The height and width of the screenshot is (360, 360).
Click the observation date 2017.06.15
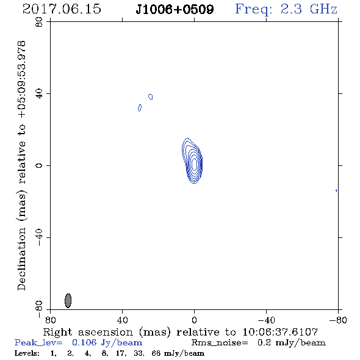(x=62, y=9)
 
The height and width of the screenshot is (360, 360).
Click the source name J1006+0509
(x=175, y=9)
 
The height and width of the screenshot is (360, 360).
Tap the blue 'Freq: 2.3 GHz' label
(x=286, y=10)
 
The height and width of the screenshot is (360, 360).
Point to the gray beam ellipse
(x=68, y=301)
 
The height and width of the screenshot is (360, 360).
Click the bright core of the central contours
(x=194, y=164)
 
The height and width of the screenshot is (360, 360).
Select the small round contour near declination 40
(x=151, y=96)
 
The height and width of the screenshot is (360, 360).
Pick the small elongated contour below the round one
(x=140, y=107)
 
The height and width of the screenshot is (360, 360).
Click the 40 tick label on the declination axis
(x=39, y=94)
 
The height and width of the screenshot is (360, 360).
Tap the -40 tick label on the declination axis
(x=39, y=237)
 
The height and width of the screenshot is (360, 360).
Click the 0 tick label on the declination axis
(x=39, y=165)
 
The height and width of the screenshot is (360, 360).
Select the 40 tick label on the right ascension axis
(x=122, y=320)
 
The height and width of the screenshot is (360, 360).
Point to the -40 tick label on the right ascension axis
(x=266, y=320)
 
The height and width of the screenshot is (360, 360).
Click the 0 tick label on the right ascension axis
(x=194, y=320)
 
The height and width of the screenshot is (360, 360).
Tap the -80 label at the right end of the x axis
(x=338, y=320)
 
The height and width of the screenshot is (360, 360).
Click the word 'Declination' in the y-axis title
(x=21, y=259)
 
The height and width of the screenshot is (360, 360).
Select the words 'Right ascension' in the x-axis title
(x=88, y=332)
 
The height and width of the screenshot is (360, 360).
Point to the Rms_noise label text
(x=220, y=343)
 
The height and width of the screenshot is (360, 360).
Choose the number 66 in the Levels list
(x=156, y=353)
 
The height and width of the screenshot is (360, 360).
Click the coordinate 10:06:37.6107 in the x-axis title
(x=280, y=332)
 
